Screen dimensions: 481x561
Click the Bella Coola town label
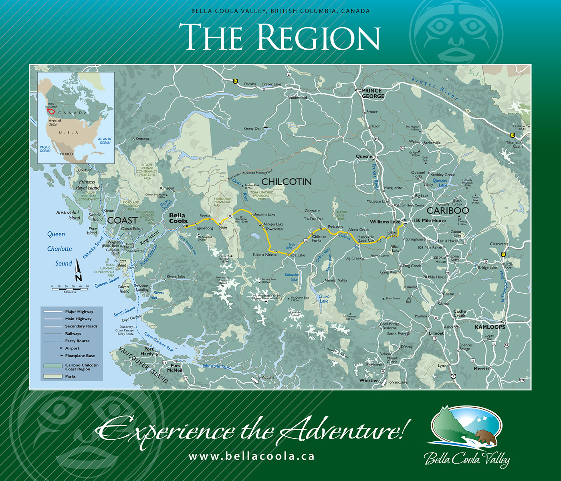[x=178, y=218]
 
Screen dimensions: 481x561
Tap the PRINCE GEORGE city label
[x=373, y=93]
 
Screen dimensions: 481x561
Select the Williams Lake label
[x=385, y=222]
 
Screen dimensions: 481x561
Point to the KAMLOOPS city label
[x=490, y=327]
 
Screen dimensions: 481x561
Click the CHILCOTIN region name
[x=287, y=182]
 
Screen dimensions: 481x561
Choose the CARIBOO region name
[x=448, y=210]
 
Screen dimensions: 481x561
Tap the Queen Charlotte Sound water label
[x=59, y=249]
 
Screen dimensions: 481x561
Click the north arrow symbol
[x=78, y=271]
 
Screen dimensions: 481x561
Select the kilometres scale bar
[x=70, y=287]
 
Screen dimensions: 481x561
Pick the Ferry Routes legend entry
[x=77, y=341]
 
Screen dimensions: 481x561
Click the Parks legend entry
[x=70, y=376]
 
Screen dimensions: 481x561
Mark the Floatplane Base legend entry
[x=80, y=356]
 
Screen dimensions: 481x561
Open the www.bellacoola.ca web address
[x=251, y=456]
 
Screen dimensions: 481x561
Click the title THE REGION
[x=279, y=37]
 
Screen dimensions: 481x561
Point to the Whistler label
[x=369, y=380]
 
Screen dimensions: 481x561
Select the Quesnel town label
[x=364, y=156]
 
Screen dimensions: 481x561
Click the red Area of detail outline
[x=50, y=111]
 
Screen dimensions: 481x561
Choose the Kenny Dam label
[x=253, y=129]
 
